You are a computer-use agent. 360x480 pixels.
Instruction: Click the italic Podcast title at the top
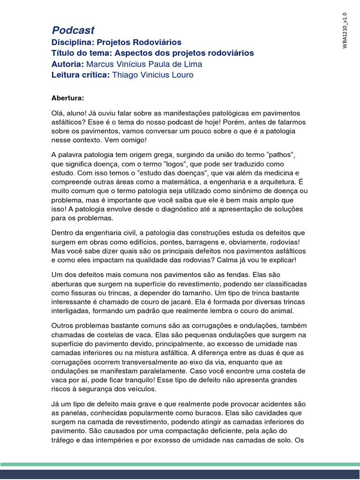[x=73, y=30]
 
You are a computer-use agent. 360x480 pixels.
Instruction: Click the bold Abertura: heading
[x=68, y=98]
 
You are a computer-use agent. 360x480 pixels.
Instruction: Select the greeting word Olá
[x=59, y=113]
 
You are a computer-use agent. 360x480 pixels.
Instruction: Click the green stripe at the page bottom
[x=180, y=464]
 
